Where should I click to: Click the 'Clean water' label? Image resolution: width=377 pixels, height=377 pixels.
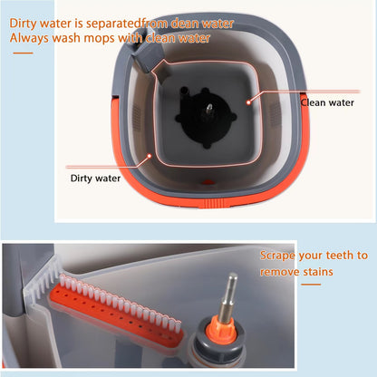pos(327,102)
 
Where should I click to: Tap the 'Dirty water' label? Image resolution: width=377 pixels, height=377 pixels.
pos(95,179)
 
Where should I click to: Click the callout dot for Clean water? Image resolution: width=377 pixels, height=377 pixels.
pos(248,102)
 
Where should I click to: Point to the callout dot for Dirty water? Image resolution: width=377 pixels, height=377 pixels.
pos(149,156)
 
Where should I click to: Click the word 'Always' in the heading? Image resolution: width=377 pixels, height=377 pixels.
pos(29,39)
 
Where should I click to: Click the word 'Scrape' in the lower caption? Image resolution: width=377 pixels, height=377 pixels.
pos(277,256)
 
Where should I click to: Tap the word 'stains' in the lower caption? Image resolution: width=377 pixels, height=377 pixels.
pos(318,272)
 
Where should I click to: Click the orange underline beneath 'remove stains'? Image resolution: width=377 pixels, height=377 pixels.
pos(311,285)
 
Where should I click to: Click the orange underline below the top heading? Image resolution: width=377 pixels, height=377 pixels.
pos(23,53)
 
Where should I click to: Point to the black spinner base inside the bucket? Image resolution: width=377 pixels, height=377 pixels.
pos(206,117)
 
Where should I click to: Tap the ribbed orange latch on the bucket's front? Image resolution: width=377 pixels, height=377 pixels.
pos(214,203)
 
